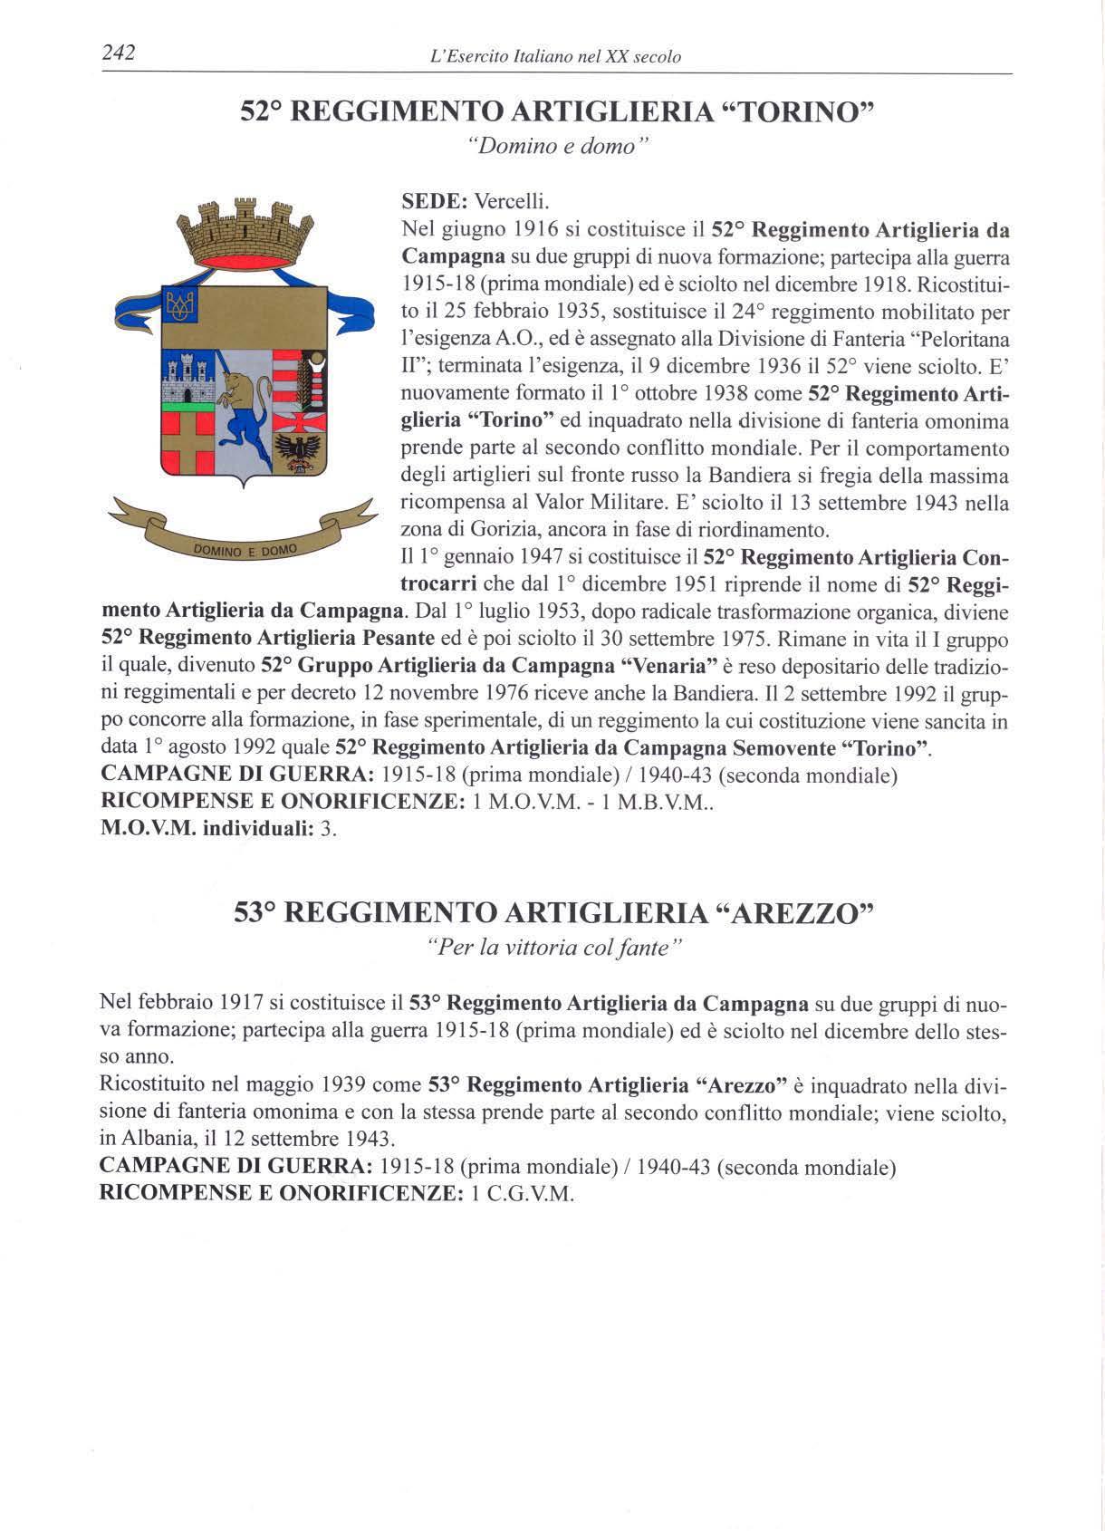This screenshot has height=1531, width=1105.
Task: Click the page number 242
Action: click(118, 54)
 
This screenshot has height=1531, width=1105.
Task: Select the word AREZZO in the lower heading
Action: click(792, 912)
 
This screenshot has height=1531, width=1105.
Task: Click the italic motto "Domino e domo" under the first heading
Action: click(552, 147)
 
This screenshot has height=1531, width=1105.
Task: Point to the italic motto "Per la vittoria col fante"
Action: click(552, 948)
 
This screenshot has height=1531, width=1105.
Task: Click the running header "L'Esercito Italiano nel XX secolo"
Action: click(557, 57)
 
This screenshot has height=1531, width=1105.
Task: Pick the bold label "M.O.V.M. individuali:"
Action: click(207, 829)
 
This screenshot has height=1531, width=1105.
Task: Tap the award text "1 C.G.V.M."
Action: click(524, 1193)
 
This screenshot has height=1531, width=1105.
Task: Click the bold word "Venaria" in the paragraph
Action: click(667, 666)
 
